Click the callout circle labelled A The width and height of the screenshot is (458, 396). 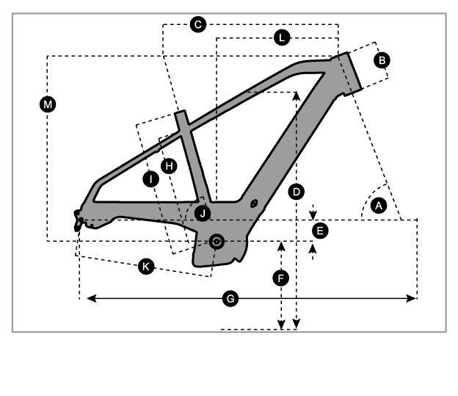pos(379,206)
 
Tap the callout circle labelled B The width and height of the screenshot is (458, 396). pos(381,61)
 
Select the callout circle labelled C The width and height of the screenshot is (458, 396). pos(197,25)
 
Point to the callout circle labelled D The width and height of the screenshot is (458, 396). pos(296,192)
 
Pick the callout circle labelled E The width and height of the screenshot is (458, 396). pos(319,231)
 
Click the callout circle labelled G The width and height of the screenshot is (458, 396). pos(230,299)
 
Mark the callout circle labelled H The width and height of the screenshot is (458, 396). pos(170,166)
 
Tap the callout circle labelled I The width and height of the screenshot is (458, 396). pos(151,179)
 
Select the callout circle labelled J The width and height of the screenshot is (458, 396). pos(203,213)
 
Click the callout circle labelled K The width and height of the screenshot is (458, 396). pos(146,267)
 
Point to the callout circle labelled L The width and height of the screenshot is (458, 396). pos(283,37)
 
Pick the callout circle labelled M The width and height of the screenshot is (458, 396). pos(48,105)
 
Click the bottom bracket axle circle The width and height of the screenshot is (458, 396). pos(216,241)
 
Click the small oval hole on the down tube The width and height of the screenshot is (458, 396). pos(253,204)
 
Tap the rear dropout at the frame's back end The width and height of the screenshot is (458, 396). pos(78,218)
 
